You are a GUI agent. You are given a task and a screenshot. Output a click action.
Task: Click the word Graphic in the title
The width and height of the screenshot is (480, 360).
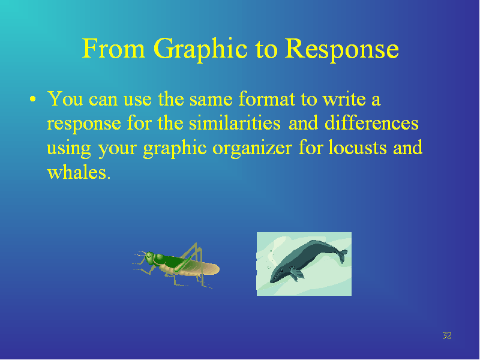pyautogui.click(x=200, y=50)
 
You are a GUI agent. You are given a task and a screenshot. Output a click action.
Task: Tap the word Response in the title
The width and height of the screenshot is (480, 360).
pyautogui.click(x=342, y=50)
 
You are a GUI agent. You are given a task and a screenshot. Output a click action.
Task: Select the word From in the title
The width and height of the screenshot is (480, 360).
pyautogui.click(x=113, y=49)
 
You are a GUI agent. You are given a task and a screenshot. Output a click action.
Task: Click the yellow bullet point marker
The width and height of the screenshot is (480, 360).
pyautogui.click(x=33, y=99)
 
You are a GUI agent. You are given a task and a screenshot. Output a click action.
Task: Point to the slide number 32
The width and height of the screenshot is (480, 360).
pyautogui.click(x=447, y=335)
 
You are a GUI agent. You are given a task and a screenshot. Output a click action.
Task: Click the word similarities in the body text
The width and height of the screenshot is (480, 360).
pyautogui.click(x=235, y=124)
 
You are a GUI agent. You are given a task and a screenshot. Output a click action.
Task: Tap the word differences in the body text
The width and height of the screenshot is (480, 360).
pyautogui.click(x=371, y=123)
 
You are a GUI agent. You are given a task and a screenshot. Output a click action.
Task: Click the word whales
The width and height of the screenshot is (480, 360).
pyautogui.click(x=79, y=172)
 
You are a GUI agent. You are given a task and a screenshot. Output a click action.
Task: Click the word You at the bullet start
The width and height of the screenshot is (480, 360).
pyautogui.click(x=65, y=98)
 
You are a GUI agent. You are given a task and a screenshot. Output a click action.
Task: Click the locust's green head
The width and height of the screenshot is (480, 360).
pyautogui.click(x=149, y=258)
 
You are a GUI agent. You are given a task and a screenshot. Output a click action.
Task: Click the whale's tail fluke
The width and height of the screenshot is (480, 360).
pyautogui.click(x=342, y=256)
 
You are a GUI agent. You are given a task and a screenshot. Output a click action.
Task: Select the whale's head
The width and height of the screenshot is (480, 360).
pyautogui.click(x=277, y=275)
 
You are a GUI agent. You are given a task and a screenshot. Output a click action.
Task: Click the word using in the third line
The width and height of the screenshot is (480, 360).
pyautogui.click(x=69, y=149)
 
